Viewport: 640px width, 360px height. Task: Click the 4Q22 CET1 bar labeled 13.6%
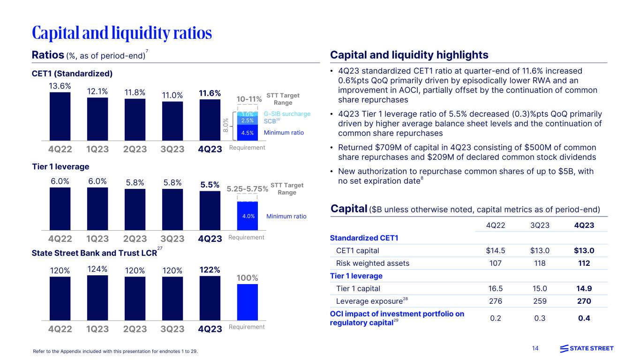coord(60,116)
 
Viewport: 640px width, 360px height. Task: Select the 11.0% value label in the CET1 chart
coord(172,94)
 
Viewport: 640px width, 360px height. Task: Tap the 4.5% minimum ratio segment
coord(248,132)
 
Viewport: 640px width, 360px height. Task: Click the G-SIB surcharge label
coord(287,114)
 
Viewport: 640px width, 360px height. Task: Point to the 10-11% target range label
coord(248,99)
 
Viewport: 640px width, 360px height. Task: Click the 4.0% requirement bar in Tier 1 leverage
coord(248,216)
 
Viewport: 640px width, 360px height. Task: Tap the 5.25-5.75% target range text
coord(248,189)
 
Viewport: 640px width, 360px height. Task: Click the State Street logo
coord(587,348)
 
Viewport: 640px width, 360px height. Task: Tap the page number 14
coord(535,348)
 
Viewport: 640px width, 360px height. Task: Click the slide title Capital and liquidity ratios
coord(122,33)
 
